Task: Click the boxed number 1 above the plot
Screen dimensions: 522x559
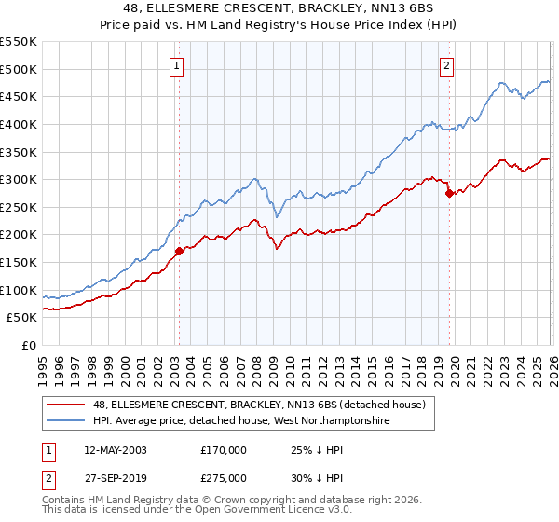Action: pyautogui.click(x=177, y=65)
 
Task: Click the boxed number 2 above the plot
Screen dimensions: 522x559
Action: pyautogui.click(x=447, y=65)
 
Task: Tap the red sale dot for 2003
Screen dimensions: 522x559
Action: pyautogui.click(x=179, y=251)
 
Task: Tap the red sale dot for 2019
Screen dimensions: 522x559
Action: pyautogui.click(x=449, y=193)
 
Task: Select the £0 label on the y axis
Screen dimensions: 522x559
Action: pyautogui.click(x=28, y=345)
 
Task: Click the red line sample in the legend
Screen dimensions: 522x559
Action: pyautogui.click(x=66, y=405)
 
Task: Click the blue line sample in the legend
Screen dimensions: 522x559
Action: pyautogui.click(x=66, y=421)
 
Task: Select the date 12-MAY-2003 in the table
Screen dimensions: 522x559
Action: pyautogui.click(x=115, y=450)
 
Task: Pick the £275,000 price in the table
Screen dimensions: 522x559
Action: pyautogui.click(x=224, y=478)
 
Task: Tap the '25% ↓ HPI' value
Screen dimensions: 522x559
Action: pyautogui.click(x=316, y=450)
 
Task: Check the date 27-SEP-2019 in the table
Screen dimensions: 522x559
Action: pyautogui.click(x=115, y=478)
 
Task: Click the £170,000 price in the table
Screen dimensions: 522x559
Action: pyautogui.click(x=224, y=450)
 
